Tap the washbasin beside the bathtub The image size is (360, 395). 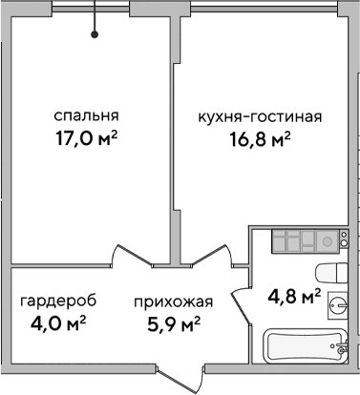pyautogui.click(x=336, y=307)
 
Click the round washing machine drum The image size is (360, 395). pyautogui.click(x=325, y=242)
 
